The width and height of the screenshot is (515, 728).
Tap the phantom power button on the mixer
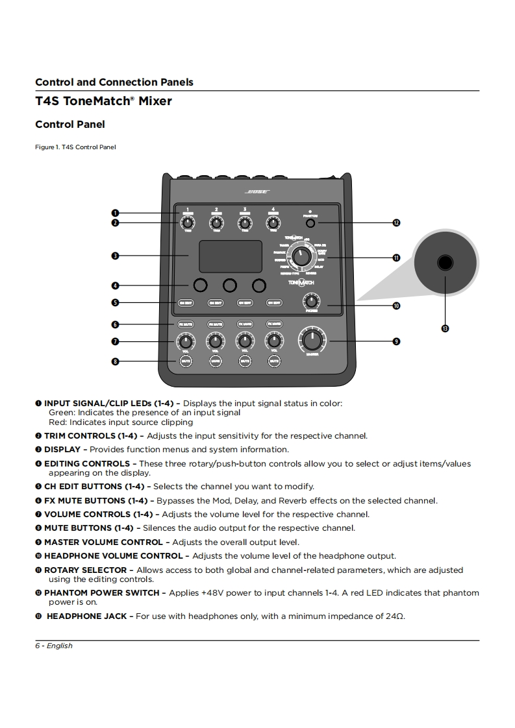pyautogui.click(x=310, y=223)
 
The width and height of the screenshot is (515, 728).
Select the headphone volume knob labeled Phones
pyautogui.click(x=312, y=301)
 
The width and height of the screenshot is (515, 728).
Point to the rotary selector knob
pyautogui.click(x=301, y=257)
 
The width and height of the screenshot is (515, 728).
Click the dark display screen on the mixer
pyautogui.click(x=230, y=256)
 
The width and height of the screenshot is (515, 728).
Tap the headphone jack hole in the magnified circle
pyautogui.click(x=445, y=262)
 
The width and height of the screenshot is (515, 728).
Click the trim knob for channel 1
pyautogui.click(x=187, y=223)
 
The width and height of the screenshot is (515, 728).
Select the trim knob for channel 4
pyautogui.click(x=273, y=223)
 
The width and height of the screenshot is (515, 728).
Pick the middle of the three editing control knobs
pyautogui.click(x=230, y=285)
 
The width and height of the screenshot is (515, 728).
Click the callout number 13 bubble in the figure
pyautogui.click(x=445, y=328)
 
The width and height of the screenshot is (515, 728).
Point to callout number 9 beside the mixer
pyautogui.click(x=396, y=341)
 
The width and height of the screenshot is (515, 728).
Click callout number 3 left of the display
pyautogui.click(x=114, y=256)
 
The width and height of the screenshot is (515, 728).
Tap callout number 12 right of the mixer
pyautogui.click(x=396, y=223)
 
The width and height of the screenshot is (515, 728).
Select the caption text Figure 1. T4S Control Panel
pyautogui.click(x=75, y=147)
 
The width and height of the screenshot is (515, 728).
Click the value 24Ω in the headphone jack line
pyautogui.click(x=395, y=616)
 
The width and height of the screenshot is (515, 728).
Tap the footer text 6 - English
pyautogui.click(x=54, y=646)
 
